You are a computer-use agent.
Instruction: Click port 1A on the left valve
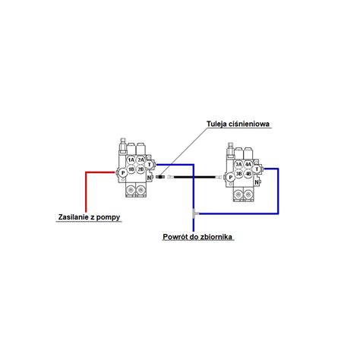131,159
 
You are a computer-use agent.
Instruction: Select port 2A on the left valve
141,159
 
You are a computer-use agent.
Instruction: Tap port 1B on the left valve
131,169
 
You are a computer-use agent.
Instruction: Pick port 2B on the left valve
141,169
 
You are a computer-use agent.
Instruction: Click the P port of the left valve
123,173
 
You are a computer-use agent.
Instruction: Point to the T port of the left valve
150,165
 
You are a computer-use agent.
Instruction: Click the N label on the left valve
149,178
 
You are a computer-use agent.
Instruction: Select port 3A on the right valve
238,165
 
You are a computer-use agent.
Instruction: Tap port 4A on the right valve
248,165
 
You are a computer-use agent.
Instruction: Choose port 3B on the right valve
238,174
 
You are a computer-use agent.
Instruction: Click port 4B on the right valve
248,174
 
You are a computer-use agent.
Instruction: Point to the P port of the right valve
231,178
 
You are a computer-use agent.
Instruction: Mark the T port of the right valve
257,169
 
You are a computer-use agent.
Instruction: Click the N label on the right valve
257,182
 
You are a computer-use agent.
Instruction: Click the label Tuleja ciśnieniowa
238,124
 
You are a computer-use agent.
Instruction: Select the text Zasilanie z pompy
89,217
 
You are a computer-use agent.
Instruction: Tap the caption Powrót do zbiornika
197,237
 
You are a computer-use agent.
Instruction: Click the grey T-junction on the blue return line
194,213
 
